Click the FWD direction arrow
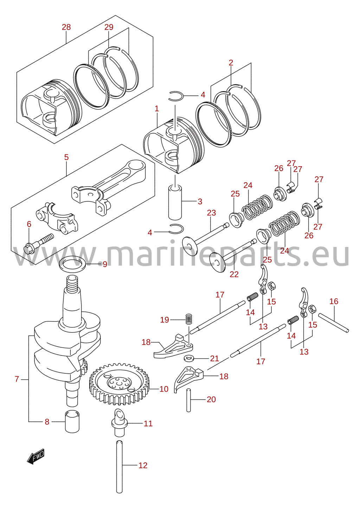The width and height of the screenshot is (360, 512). [x=36, y=456]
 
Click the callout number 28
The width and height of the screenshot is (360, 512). [x=66, y=27]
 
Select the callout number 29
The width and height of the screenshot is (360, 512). [x=109, y=27]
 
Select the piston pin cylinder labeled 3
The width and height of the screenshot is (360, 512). [x=175, y=203]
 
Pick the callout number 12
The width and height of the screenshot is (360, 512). [x=143, y=465]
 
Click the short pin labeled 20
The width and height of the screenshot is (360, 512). [x=188, y=400]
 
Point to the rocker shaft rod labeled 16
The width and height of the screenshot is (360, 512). [x=333, y=323]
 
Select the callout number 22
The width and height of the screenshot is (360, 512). [x=234, y=274]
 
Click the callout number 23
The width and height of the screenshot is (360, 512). [x=211, y=213]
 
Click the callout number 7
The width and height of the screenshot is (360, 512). [x=17, y=379]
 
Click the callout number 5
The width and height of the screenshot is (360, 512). [x=66, y=157]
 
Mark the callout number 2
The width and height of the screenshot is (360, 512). [x=231, y=63]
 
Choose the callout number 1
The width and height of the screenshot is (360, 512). [x=157, y=109]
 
